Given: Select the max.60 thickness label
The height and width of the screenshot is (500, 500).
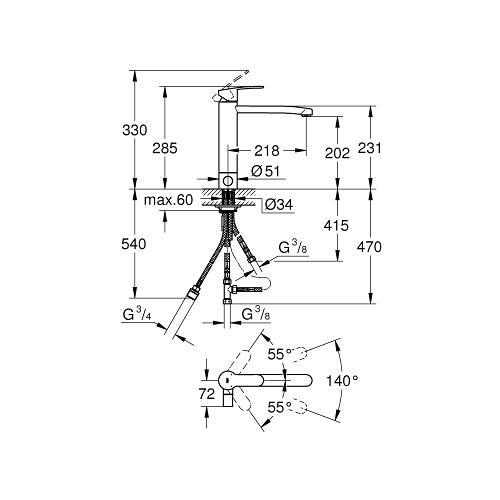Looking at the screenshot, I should tap(167, 201).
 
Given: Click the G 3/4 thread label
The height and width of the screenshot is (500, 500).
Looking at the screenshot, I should tap(137, 317).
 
